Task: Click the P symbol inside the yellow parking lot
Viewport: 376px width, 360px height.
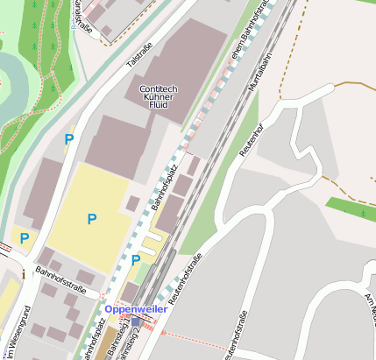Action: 91,218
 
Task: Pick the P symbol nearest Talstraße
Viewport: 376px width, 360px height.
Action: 68,138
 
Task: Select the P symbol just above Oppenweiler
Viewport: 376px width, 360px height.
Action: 136,260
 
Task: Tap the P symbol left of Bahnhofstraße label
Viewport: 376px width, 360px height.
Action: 25,237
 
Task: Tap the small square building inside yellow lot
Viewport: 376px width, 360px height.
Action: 132,203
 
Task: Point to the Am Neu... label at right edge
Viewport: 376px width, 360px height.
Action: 369,311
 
